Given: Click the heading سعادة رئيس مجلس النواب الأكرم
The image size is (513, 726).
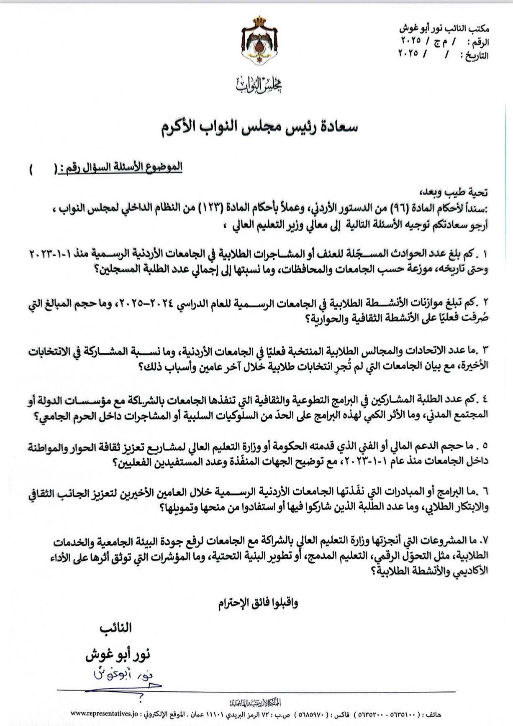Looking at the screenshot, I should tap(260, 127).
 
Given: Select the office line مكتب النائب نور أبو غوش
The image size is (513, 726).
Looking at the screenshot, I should tap(444, 29).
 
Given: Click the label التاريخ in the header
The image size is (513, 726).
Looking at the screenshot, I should tap(476, 55).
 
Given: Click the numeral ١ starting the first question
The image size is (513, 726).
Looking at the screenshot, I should tap(485, 254).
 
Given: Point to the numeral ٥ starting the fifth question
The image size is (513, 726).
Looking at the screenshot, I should tap(485, 446).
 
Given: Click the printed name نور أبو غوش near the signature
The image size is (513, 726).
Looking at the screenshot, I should tap(118, 655).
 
